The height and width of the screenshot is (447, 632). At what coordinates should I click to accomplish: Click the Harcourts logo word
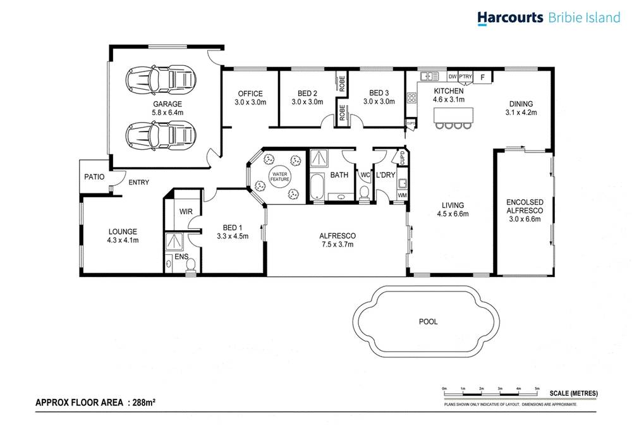509,18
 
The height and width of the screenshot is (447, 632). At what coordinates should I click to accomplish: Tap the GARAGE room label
167,104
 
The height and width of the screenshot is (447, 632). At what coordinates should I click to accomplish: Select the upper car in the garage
160,80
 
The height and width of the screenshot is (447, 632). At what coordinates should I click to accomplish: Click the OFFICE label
250,94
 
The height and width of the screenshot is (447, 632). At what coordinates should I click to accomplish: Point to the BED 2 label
307,94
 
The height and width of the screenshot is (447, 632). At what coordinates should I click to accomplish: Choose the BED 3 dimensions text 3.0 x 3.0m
379,102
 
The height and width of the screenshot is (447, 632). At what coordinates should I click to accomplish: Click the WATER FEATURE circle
280,176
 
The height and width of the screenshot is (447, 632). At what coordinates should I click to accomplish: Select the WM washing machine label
402,196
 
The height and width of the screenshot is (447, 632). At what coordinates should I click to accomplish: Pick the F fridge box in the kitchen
483,77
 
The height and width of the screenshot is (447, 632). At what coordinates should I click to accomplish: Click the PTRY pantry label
465,77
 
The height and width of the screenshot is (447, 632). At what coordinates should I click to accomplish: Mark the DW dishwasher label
452,77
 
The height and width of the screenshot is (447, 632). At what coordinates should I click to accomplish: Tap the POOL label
428,321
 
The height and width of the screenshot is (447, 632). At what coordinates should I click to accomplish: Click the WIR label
185,211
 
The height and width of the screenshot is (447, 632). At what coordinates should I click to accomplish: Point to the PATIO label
94,177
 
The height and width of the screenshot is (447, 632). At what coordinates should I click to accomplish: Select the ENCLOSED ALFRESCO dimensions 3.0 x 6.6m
525,219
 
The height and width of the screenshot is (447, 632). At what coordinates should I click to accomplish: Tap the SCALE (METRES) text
573,393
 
